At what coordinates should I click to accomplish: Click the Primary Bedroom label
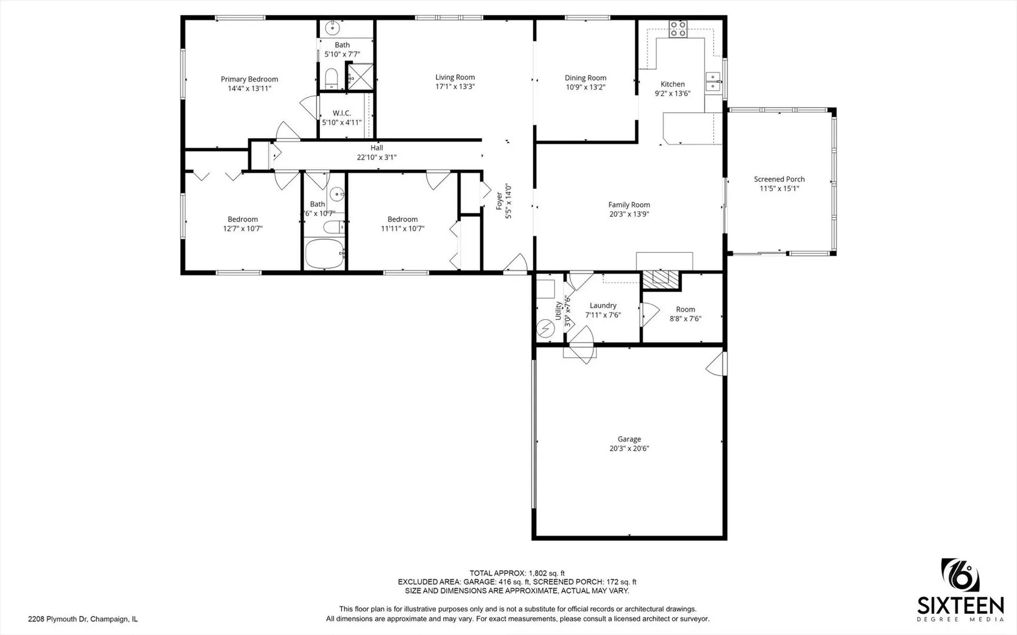pos(249,79)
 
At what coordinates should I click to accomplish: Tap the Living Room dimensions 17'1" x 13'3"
pos(455,86)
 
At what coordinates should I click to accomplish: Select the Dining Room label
pos(585,78)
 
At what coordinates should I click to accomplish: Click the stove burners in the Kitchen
pos(678,28)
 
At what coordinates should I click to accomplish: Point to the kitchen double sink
pos(713,82)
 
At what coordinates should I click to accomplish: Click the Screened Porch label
pos(779,179)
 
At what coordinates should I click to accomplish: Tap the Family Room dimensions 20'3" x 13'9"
pos(629,214)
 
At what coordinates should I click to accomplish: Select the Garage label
pos(629,439)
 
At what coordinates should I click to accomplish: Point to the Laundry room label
pos(603,306)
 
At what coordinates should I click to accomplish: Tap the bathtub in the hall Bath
pos(324,253)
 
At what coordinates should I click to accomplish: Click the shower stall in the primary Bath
pos(359,76)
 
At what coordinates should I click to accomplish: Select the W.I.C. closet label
pos(342,113)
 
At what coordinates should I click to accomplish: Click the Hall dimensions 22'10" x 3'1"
pos(376,158)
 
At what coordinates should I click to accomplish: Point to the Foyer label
pos(499,200)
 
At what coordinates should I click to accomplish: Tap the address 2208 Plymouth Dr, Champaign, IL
pos(83,619)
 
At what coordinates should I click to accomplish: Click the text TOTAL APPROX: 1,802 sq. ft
pos(516,573)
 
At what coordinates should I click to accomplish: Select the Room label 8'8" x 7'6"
pos(685,309)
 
